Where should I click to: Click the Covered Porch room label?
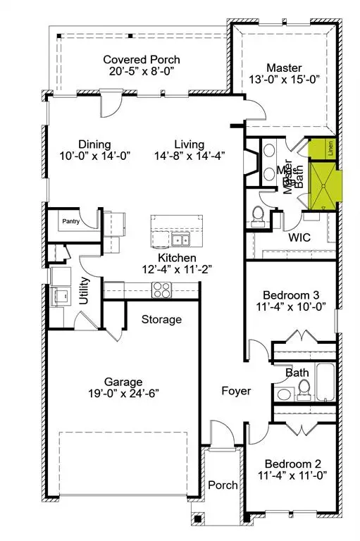pyautogui.click(x=141, y=60)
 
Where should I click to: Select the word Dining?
pyautogui.click(x=94, y=144)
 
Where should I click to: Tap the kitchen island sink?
pyautogui.click(x=178, y=240)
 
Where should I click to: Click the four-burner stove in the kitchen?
pyautogui.click(x=161, y=289)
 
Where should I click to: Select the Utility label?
pyautogui.click(x=84, y=291)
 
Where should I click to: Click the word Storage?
pyautogui.click(x=161, y=319)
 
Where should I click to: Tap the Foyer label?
pyautogui.click(x=236, y=390)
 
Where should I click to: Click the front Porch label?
pyautogui.click(x=223, y=485)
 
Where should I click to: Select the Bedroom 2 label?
pyautogui.click(x=293, y=464)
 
